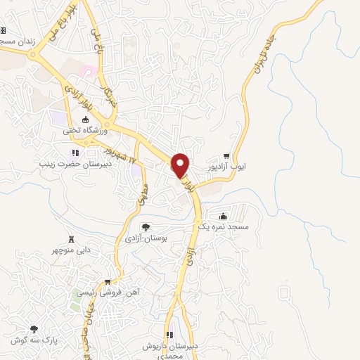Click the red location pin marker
coord(181,165)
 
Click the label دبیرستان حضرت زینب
coord(72,162)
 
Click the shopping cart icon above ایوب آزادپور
coord(226,156)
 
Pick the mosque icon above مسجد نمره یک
coord(223,217)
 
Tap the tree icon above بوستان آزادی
coord(146,227)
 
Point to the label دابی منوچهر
coord(70,250)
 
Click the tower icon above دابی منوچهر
coord(70,239)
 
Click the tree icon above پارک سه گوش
coord(33,328)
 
